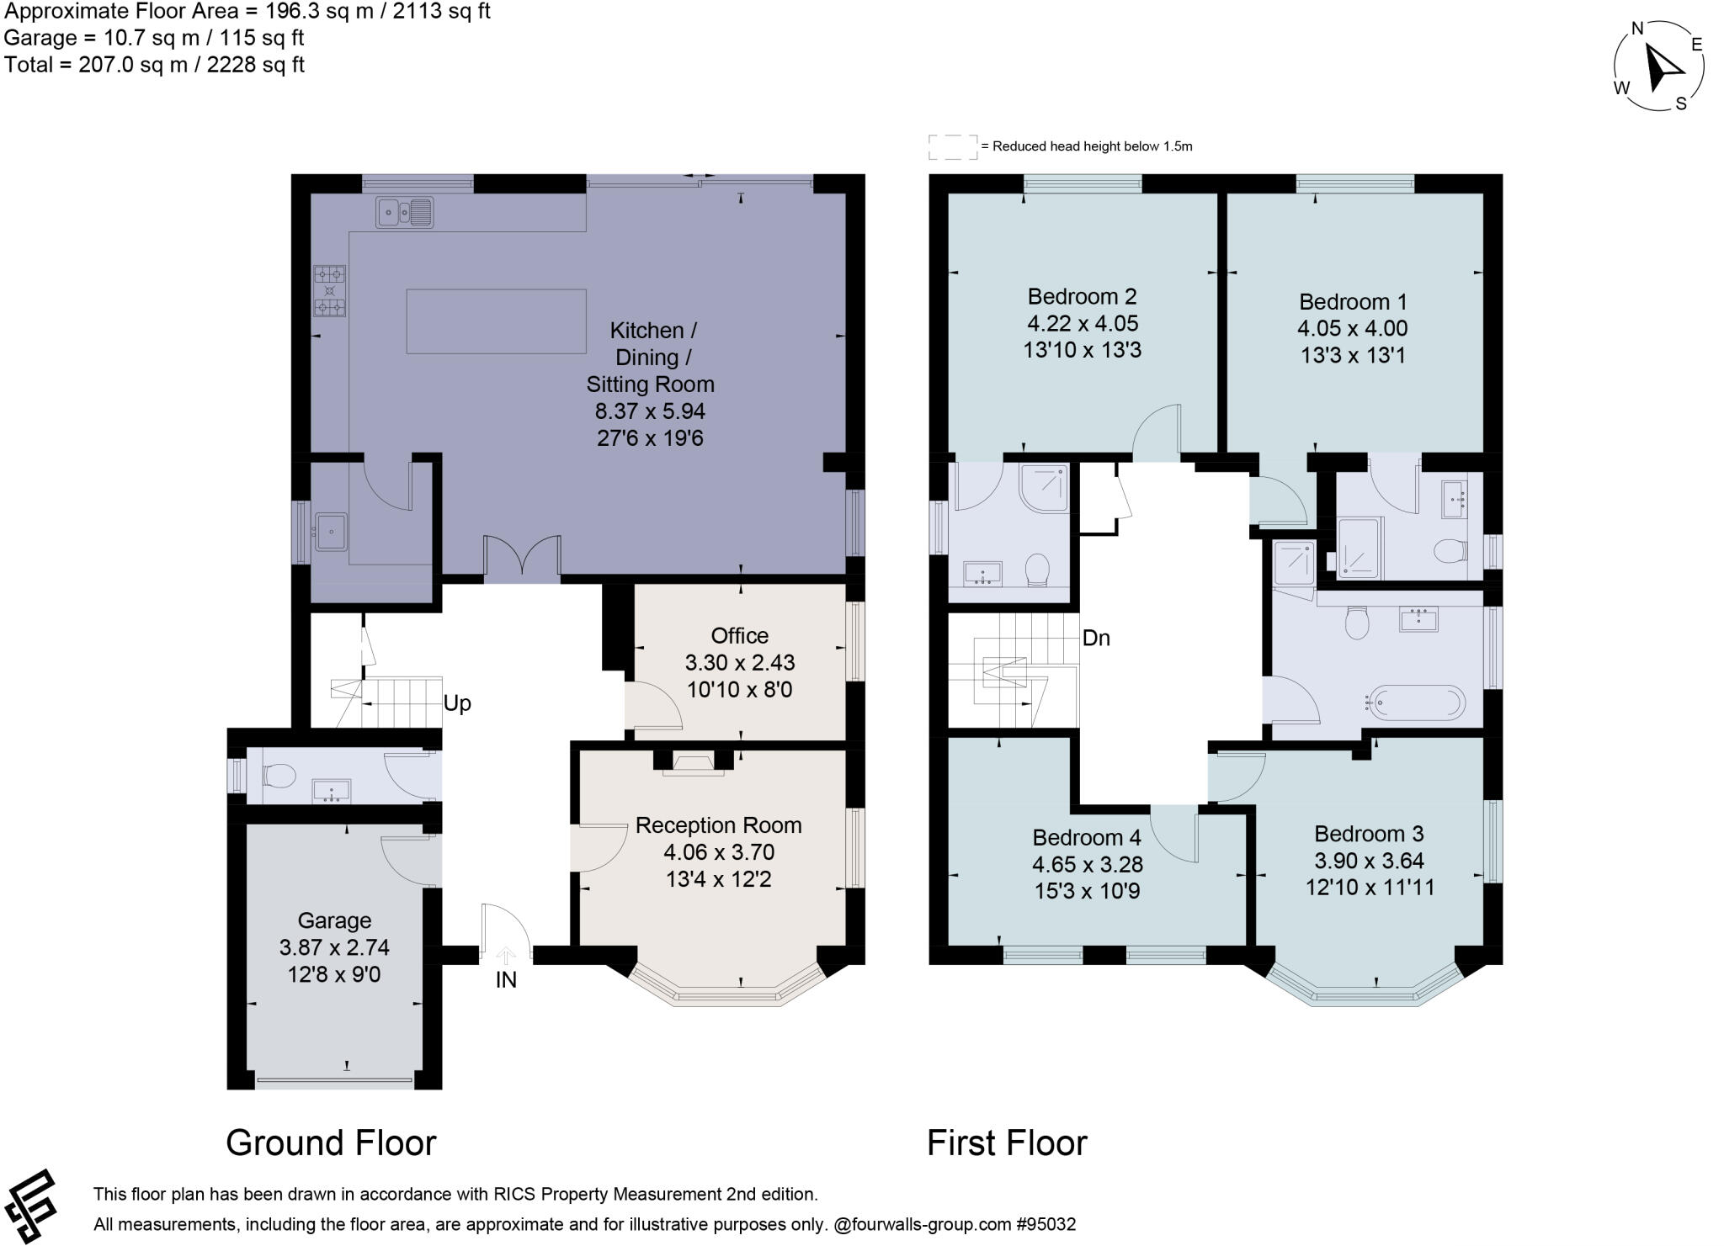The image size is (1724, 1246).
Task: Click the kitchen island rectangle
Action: (496, 321)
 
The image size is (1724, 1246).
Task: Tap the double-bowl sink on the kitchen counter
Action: (404, 212)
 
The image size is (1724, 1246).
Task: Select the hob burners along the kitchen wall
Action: (329, 290)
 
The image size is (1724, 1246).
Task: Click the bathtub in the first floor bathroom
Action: (1417, 703)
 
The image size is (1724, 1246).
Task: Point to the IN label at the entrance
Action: (505, 979)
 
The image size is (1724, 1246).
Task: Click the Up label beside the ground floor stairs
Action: (456, 703)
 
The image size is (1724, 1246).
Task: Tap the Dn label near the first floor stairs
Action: (1095, 638)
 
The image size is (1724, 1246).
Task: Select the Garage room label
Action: (334, 920)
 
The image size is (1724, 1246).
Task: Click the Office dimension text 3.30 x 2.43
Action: (739, 662)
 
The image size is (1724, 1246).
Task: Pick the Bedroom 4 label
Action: (1086, 837)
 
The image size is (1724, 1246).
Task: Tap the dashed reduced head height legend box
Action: (953, 147)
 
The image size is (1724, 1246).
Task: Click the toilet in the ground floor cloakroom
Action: (279, 775)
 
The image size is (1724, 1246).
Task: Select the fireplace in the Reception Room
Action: (693, 764)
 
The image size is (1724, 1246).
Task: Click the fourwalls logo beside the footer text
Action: (30, 1206)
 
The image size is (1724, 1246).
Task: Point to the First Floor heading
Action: (1006, 1143)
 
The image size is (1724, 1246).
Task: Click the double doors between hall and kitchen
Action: (522, 557)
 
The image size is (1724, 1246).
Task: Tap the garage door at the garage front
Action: (334, 1079)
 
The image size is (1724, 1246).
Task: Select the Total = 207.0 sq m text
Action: (154, 65)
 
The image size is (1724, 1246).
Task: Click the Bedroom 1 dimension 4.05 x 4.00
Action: (1352, 328)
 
